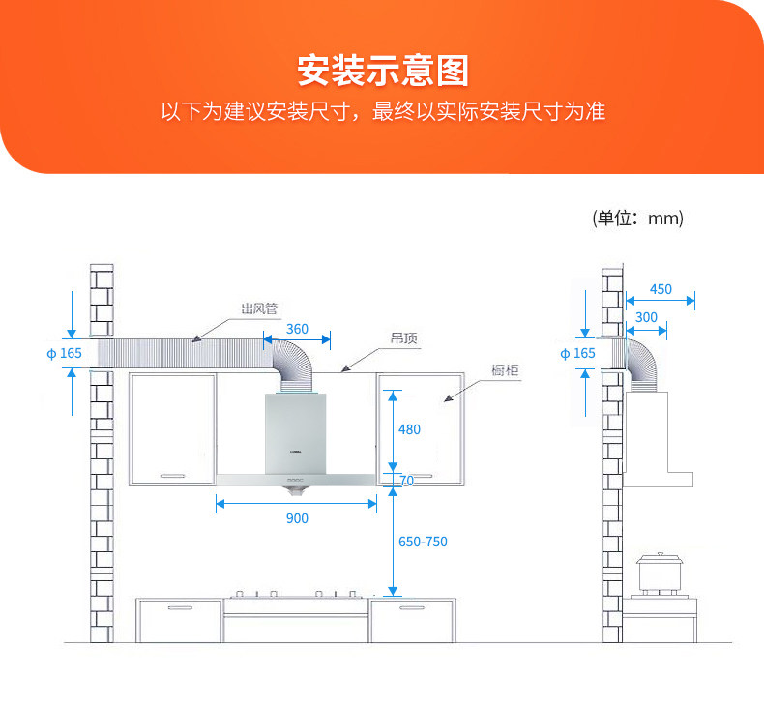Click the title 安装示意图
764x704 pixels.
pos(382,71)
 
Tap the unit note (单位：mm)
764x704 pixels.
pos(637,218)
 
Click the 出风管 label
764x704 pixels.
pos(259,309)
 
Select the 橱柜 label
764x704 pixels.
pos(505,371)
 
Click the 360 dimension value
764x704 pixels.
pos(297,329)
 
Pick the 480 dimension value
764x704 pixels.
pos(409,429)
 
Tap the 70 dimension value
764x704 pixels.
pos(406,481)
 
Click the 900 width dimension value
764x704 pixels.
pos(297,518)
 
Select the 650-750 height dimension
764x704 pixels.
pos(423,542)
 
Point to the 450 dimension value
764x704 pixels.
pos(661,289)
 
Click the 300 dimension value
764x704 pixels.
pos(646,317)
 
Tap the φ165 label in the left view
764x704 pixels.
pos(65,353)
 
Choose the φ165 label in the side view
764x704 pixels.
pos(578,353)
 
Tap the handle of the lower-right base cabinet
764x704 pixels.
pos(411,607)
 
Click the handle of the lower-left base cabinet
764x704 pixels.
pos(180,607)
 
